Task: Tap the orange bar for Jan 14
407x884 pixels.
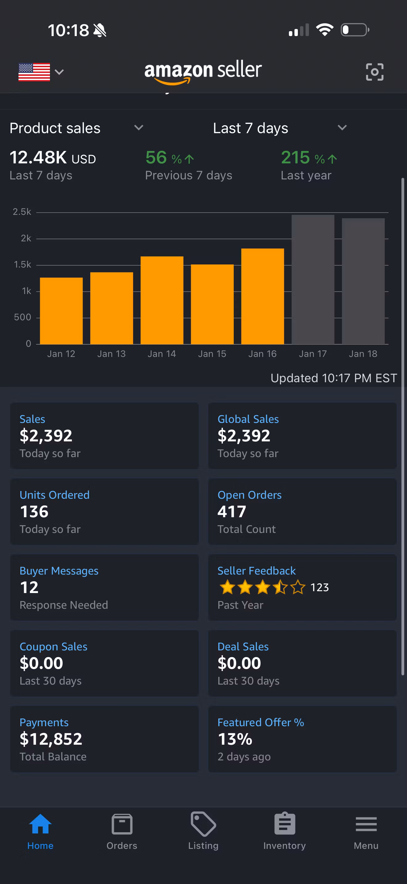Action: pos(162,300)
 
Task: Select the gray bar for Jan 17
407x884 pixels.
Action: pos(313,279)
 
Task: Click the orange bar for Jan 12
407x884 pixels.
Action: pos(61,311)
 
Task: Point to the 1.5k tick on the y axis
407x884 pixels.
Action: pos(22,264)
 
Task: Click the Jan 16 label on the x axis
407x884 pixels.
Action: pos(262,354)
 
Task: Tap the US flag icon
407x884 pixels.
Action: pos(34,72)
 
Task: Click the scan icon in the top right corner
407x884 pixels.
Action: pos(374,72)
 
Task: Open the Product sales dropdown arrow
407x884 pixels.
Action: pos(139,128)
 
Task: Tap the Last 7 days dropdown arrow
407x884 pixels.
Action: pos(342,128)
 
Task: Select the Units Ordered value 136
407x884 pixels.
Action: pos(34,512)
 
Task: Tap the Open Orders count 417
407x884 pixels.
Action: pos(232,512)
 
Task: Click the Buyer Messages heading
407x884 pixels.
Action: pos(59,571)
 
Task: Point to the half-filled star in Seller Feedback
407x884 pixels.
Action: pos(280,587)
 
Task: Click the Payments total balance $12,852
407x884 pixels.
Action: pos(51,739)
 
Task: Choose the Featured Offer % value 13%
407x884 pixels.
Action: pos(235,739)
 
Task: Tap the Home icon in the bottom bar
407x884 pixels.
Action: pos(40,824)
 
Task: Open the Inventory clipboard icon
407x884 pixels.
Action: pos(285,824)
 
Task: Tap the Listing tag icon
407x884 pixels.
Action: pos(203,824)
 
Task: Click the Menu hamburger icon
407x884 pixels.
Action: pos(366,824)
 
